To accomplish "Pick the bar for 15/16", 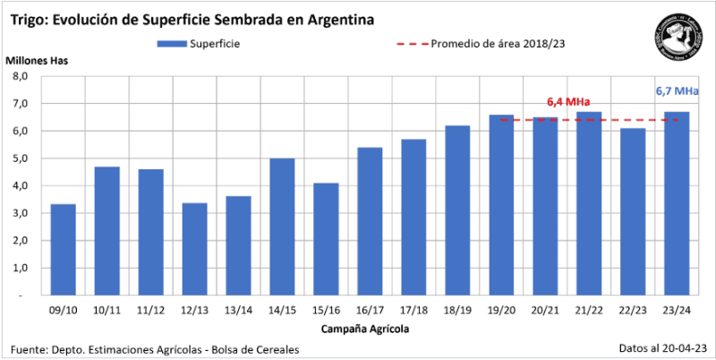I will pyautogui.click(x=326, y=239).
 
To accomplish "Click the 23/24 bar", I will pyautogui.click(x=677, y=203).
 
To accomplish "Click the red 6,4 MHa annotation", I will pyautogui.click(x=567, y=101).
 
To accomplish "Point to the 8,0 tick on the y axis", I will pyautogui.click(x=21, y=77).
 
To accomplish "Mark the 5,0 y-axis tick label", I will pyautogui.click(x=21, y=159).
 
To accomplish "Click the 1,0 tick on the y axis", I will pyautogui.click(x=21, y=268).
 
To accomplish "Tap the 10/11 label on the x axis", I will pyautogui.click(x=107, y=310).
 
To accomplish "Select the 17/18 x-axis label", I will pyautogui.click(x=413, y=310).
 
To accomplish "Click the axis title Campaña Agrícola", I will pyautogui.click(x=370, y=330).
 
